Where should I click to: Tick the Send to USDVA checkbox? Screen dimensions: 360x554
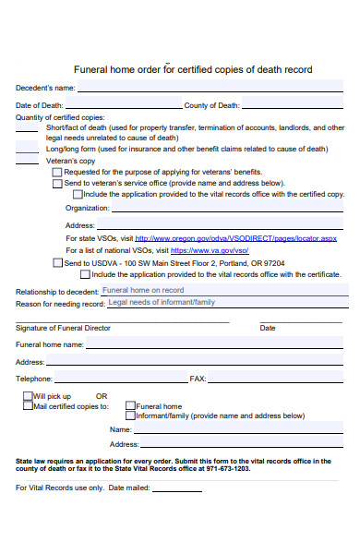click(57, 262)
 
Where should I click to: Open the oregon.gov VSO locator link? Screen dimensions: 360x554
click(234, 238)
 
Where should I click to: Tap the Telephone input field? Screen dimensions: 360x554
click(120, 379)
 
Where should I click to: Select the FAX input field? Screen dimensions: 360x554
click(277, 379)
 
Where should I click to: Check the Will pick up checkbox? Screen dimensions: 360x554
click(27, 396)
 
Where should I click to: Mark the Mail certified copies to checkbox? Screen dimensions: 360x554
click(27, 405)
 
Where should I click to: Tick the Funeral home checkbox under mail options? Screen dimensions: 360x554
click(130, 406)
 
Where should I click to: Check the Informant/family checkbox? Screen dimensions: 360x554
click(130, 416)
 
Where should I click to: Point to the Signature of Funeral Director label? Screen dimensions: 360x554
click(63, 328)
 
